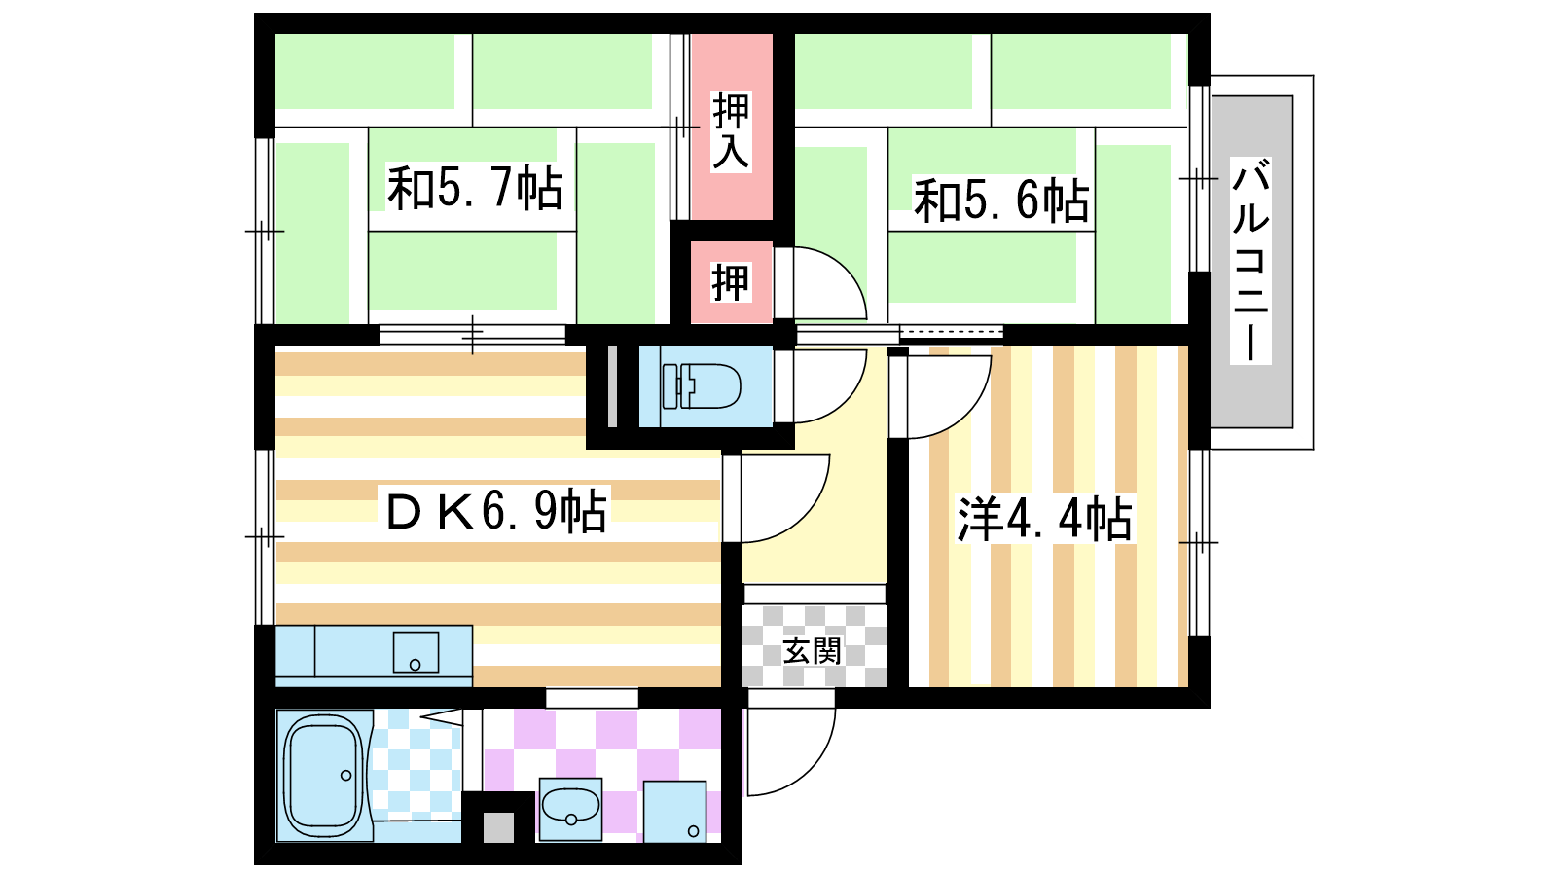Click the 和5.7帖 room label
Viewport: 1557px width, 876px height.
tap(475, 188)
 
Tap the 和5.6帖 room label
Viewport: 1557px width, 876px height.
tap(1001, 201)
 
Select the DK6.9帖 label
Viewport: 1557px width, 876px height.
tap(496, 511)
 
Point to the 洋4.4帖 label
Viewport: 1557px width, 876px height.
tap(1045, 519)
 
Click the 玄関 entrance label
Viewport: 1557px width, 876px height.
tap(812, 651)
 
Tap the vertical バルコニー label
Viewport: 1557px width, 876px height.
tap(1250, 260)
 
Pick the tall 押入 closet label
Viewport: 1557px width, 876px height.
tap(731, 131)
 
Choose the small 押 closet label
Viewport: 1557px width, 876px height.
tap(731, 282)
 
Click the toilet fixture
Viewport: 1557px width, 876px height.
tap(701, 385)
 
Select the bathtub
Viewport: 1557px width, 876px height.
tap(323, 776)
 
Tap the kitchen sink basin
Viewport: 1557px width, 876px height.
tap(416, 652)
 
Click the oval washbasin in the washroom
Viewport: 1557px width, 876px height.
tap(570, 809)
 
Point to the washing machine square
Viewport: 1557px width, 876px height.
tap(674, 812)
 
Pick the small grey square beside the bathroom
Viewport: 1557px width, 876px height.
tap(498, 827)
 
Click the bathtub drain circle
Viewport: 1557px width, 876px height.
tap(345, 775)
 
